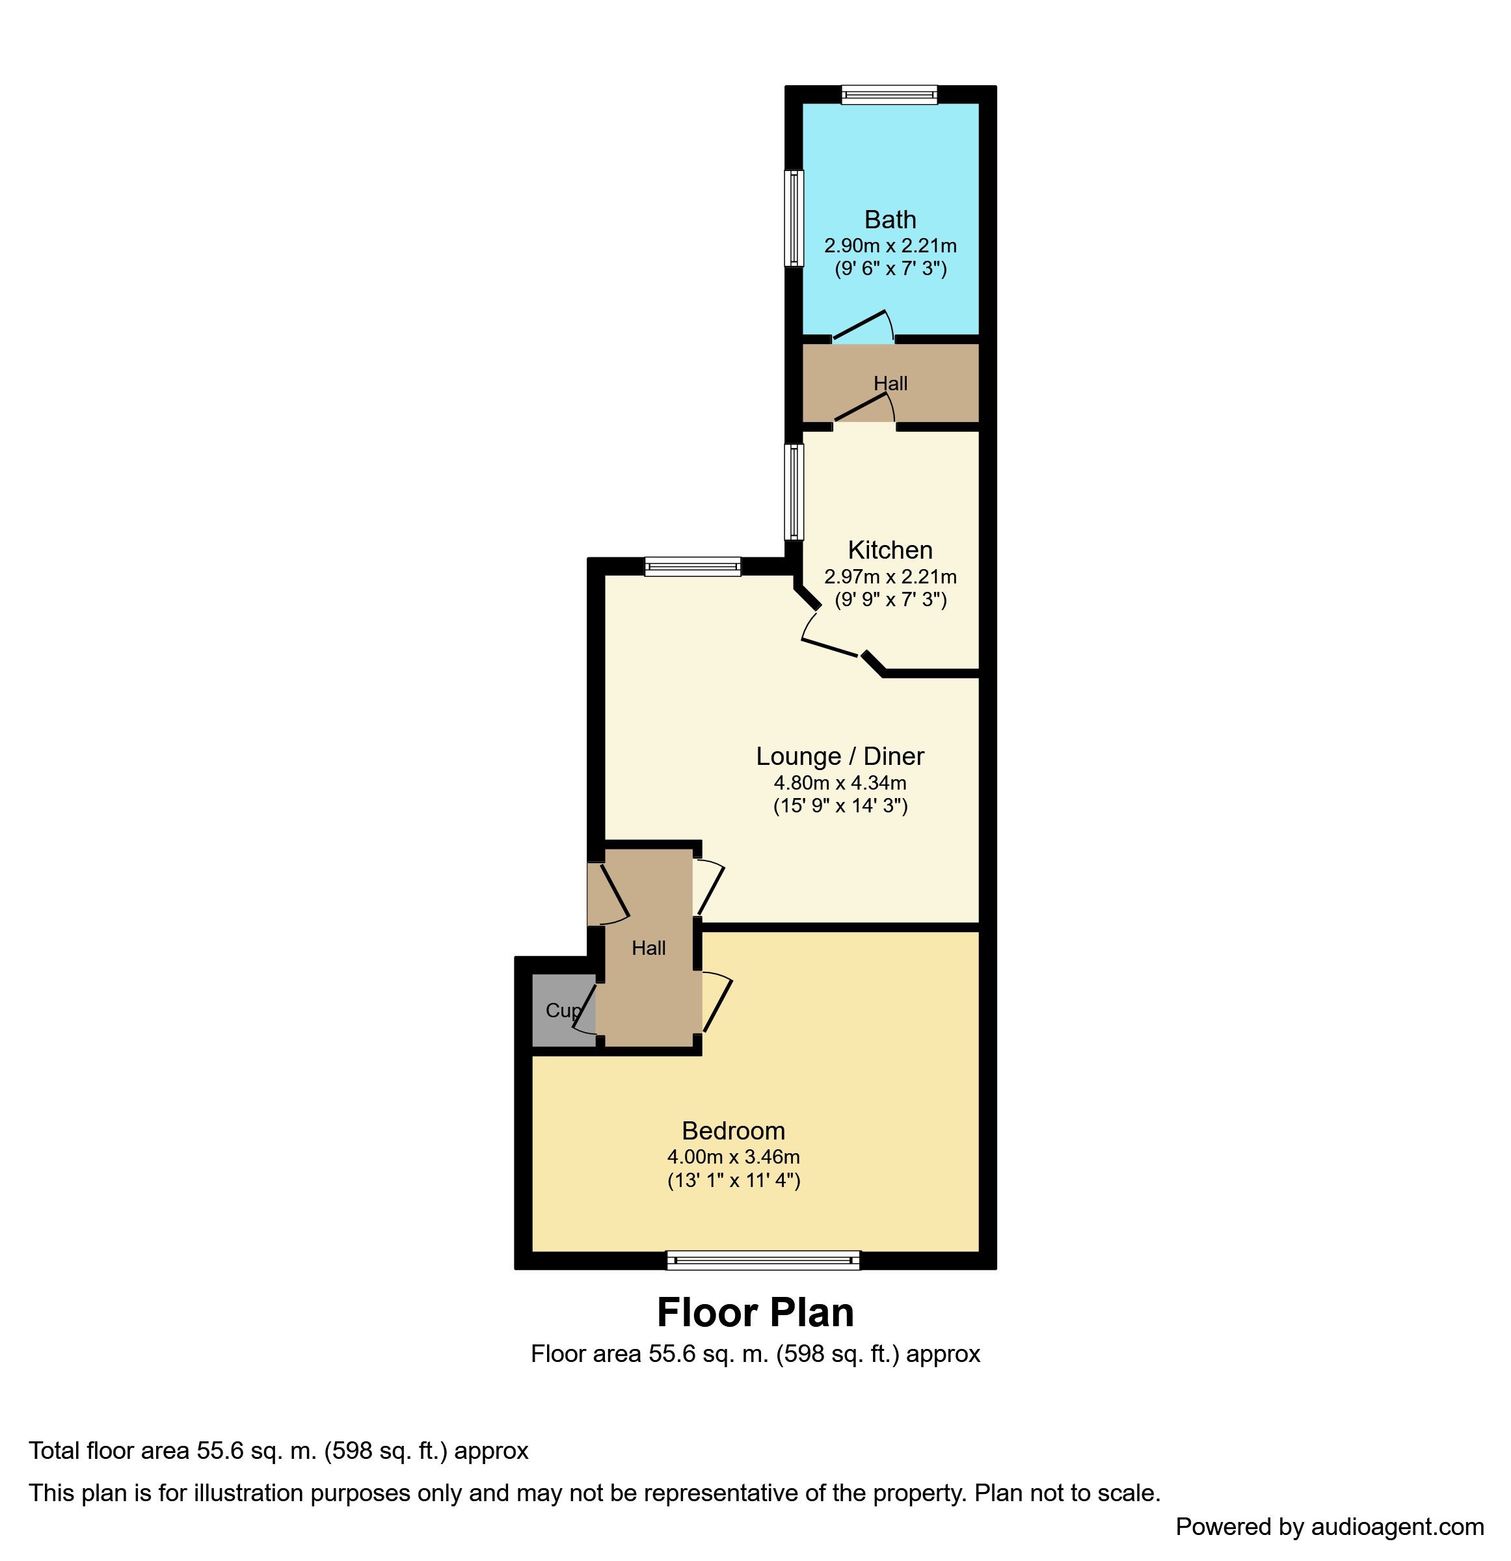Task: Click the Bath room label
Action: (890, 219)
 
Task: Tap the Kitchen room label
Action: (890, 550)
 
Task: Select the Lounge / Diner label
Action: (840, 756)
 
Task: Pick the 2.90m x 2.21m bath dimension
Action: (890, 245)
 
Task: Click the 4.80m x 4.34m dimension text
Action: (840, 783)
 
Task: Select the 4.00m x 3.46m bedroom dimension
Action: (733, 1156)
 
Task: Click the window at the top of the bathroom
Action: (889, 96)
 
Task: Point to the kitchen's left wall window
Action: (794, 492)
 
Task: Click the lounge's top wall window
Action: (692, 567)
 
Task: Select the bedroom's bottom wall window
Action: (763, 1261)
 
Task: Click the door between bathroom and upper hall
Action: (862, 326)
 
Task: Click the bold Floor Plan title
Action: (755, 1313)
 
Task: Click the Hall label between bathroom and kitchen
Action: (890, 383)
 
